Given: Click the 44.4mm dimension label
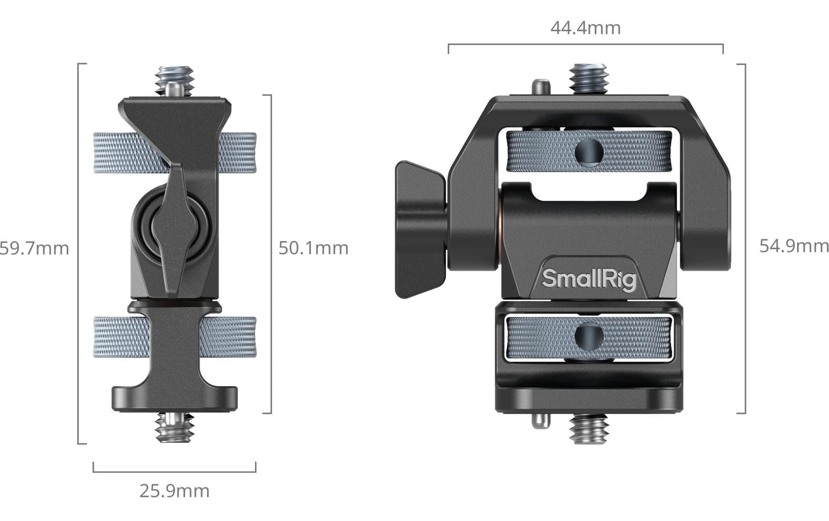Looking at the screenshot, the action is coord(586,28).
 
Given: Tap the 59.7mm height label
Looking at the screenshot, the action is coord(34,249).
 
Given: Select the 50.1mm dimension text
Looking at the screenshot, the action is coord(313,248).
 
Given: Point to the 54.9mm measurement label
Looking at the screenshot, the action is coord(794,246).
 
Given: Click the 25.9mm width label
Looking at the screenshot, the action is coord(174,491).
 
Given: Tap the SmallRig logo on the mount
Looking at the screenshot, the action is coord(589,279).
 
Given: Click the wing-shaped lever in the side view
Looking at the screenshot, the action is coord(175,230).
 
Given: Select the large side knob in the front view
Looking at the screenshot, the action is coord(421,229).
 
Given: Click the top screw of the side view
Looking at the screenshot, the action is coord(175,81).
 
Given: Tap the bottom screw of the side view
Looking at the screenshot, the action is coord(175,427).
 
